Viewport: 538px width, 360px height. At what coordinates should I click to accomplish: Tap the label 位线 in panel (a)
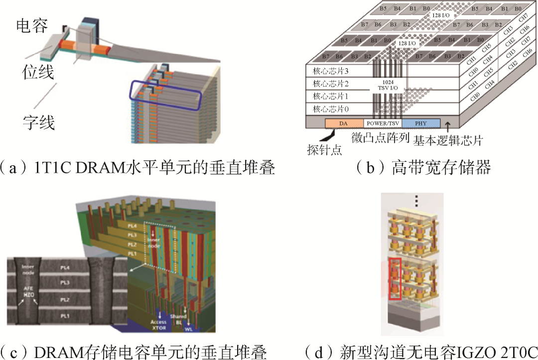point(38,73)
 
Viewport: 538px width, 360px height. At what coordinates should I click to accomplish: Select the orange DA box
point(344,123)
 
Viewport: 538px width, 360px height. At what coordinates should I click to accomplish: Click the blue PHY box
point(421,123)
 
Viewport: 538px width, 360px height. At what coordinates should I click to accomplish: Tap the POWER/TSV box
point(382,123)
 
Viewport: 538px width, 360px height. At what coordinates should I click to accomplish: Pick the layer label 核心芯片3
point(329,71)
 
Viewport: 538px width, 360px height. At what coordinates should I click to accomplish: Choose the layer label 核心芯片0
point(329,109)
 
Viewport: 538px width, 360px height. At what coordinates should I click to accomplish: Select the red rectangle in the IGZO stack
point(395,279)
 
